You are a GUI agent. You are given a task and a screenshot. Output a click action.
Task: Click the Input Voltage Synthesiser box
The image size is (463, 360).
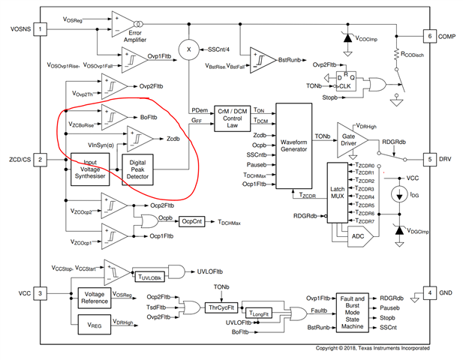[x=90, y=169]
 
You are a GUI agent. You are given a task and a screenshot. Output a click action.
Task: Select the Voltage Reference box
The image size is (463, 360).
[x=96, y=297]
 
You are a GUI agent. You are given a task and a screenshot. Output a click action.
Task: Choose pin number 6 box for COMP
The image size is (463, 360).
[x=428, y=36]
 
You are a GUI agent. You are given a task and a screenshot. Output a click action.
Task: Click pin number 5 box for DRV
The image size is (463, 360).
[x=428, y=159]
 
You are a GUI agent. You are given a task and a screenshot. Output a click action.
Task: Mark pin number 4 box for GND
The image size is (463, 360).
[x=428, y=292]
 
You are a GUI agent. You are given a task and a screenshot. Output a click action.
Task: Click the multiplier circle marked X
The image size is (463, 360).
[x=190, y=49]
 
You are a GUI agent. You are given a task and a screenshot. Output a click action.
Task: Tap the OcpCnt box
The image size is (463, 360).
[x=193, y=221]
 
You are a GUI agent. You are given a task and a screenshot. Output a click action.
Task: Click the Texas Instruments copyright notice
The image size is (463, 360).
[x=371, y=349]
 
